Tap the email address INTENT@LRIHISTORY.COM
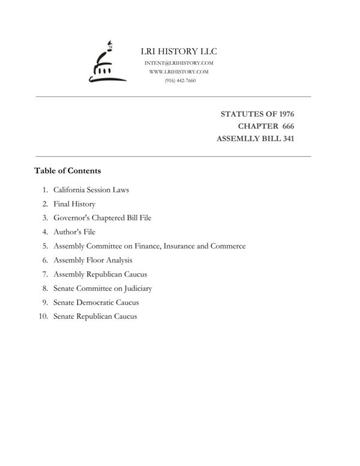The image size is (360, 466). coord(179,63)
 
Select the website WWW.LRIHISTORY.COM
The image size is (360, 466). coord(179,71)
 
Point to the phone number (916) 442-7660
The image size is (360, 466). coord(179,80)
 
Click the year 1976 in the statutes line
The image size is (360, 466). coord(284,113)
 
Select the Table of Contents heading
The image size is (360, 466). coord(68,171)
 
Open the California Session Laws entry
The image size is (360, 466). coord(91,190)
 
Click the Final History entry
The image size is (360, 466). coord(74,204)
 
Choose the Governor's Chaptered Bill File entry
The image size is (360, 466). coord(102,218)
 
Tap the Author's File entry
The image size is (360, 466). coord(74,232)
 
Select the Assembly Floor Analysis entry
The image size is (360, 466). coord(92,260)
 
